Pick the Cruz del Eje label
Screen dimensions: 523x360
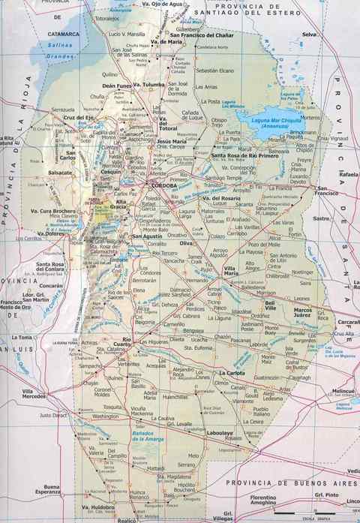click(78, 118)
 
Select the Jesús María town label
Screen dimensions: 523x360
click(170, 141)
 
